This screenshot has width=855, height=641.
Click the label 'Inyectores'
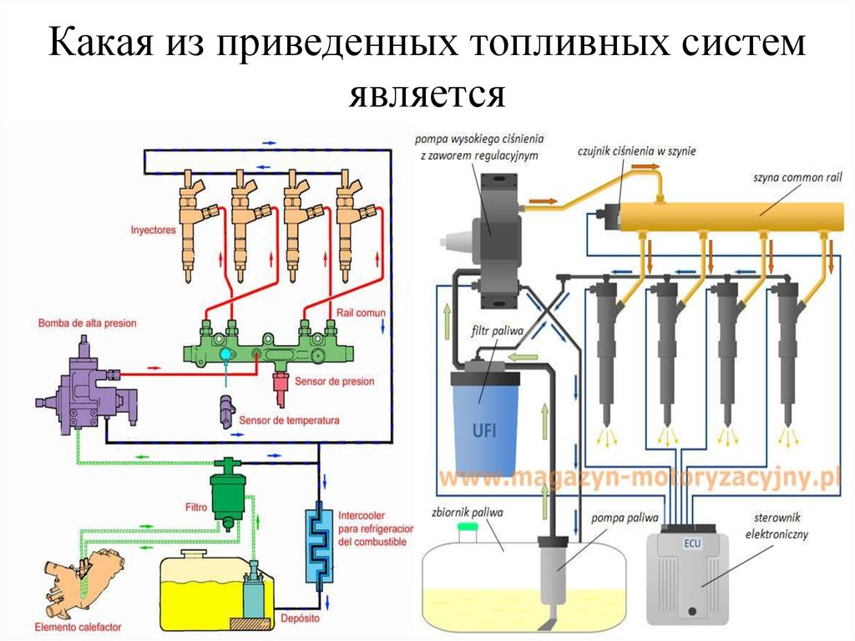click(x=155, y=228)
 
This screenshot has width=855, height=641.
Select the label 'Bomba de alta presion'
click(x=87, y=323)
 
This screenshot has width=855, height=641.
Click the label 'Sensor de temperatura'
click(x=289, y=420)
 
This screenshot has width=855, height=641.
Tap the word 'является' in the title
click(x=427, y=94)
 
